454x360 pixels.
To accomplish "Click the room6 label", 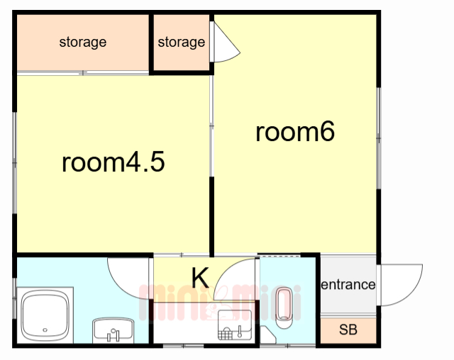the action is pyautogui.click(x=295, y=132).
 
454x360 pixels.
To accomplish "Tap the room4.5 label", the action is pyautogui.click(x=113, y=162).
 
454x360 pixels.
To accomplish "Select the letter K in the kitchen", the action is pyautogui.click(x=200, y=278).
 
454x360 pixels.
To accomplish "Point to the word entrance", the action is pyautogui.click(x=348, y=285).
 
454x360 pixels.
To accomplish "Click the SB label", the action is pyautogui.click(x=348, y=330).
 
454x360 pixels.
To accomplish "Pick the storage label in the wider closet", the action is pyautogui.click(x=83, y=43).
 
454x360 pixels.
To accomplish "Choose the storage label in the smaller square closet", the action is pyautogui.click(x=182, y=43).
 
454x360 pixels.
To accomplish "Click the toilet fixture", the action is pyautogui.click(x=284, y=308).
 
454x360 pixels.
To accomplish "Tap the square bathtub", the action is pyautogui.click(x=45, y=315).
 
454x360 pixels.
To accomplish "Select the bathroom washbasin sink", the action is pyautogui.click(x=113, y=330).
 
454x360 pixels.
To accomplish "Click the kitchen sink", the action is pyautogui.click(x=235, y=325).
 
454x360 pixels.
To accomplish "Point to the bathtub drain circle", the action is pyautogui.click(x=45, y=330).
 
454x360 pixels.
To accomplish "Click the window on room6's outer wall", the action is pyautogui.click(x=378, y=138).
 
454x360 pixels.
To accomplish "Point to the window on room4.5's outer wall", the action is pyautogui.click(x=14, y=163).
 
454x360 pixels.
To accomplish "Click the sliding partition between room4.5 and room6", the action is pyautogui.click(x=211, y=125).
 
